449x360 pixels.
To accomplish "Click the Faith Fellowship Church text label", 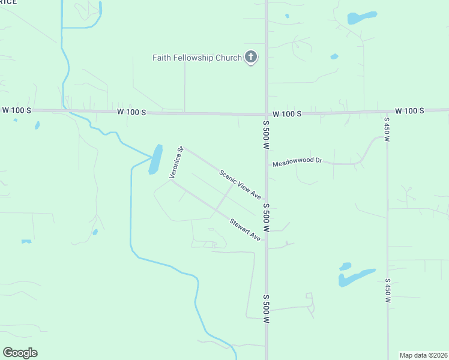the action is click(x=196, y=58).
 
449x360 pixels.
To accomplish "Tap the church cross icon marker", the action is click(x=251, y=58).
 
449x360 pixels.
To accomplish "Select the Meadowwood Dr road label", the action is click(x=297, y=163).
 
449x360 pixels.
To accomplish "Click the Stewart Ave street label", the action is click(x=245, y=230).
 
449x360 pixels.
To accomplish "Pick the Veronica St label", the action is click(x=175, y=163).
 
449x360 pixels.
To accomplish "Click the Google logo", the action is click(x=20, y=353).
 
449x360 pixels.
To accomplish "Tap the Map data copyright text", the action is click(x=423, y=355).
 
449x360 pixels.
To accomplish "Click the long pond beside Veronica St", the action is click(x=155, y=159).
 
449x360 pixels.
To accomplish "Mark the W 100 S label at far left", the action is click(x=16, y=111).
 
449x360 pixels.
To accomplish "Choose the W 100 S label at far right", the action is click(x=409, y=111).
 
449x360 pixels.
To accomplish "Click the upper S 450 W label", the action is click(x=387, y=129).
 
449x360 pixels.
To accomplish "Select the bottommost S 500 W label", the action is click(x=265, y=308).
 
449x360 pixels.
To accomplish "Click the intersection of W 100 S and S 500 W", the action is click(x=266, y=114).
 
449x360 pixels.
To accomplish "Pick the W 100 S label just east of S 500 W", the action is click(x=287, y=113).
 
